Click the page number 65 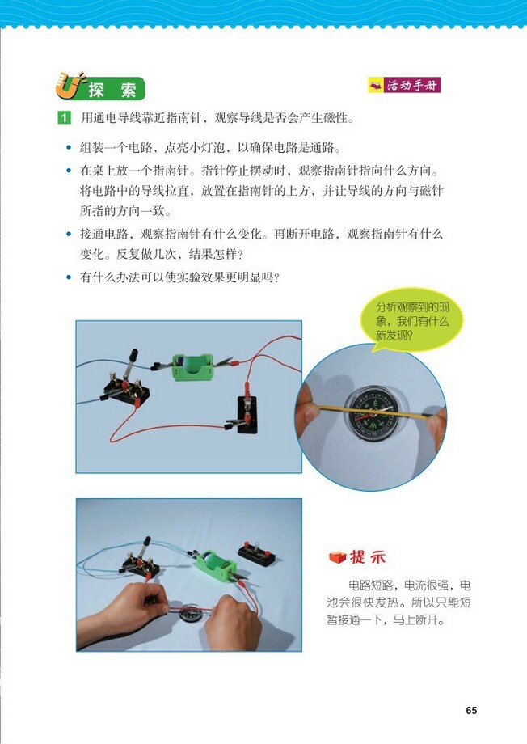[471, 711]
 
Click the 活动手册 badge [405, 84]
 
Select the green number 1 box [64, 119]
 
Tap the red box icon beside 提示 [337, 557]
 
